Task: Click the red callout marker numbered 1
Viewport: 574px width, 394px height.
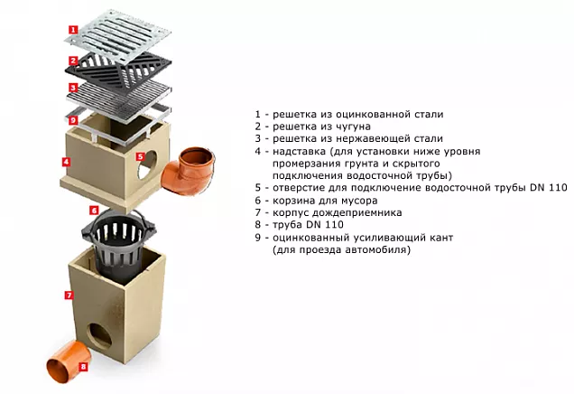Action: pyautogui.click(x=74, y=29)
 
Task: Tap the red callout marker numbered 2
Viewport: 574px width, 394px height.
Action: pyautogui.click(x=74, y=61)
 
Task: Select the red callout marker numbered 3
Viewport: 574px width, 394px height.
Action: pyautogui.click(x=73, y=88)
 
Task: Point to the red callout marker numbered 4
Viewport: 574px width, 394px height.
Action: pyautogui.click(x=66, y=162)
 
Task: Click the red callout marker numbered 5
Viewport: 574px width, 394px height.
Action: pyautogui.click(x=140, y=156)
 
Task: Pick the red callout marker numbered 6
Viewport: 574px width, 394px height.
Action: pyautogui.click(x=94, y=210)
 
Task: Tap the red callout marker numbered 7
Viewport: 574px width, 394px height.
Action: pyautogui.click(x=69, y=295)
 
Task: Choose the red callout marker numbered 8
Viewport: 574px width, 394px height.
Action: pyautogui.click(x=83, y=366)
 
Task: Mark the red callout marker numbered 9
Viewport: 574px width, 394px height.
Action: pyautogui.click(x=73, y=120)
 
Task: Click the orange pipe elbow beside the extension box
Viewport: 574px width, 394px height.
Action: pyautogui.click(x=188, y=170)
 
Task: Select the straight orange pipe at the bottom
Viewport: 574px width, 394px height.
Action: pyautogui.click(x=69, y=361)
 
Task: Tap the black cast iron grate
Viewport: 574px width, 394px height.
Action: pyautogui.click(x=118, y=70)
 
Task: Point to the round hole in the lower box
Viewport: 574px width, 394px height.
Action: pyautogui.click(x=99, y=335)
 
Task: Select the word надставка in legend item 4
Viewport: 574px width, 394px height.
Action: pyautogui.click(x=299, y=152)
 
